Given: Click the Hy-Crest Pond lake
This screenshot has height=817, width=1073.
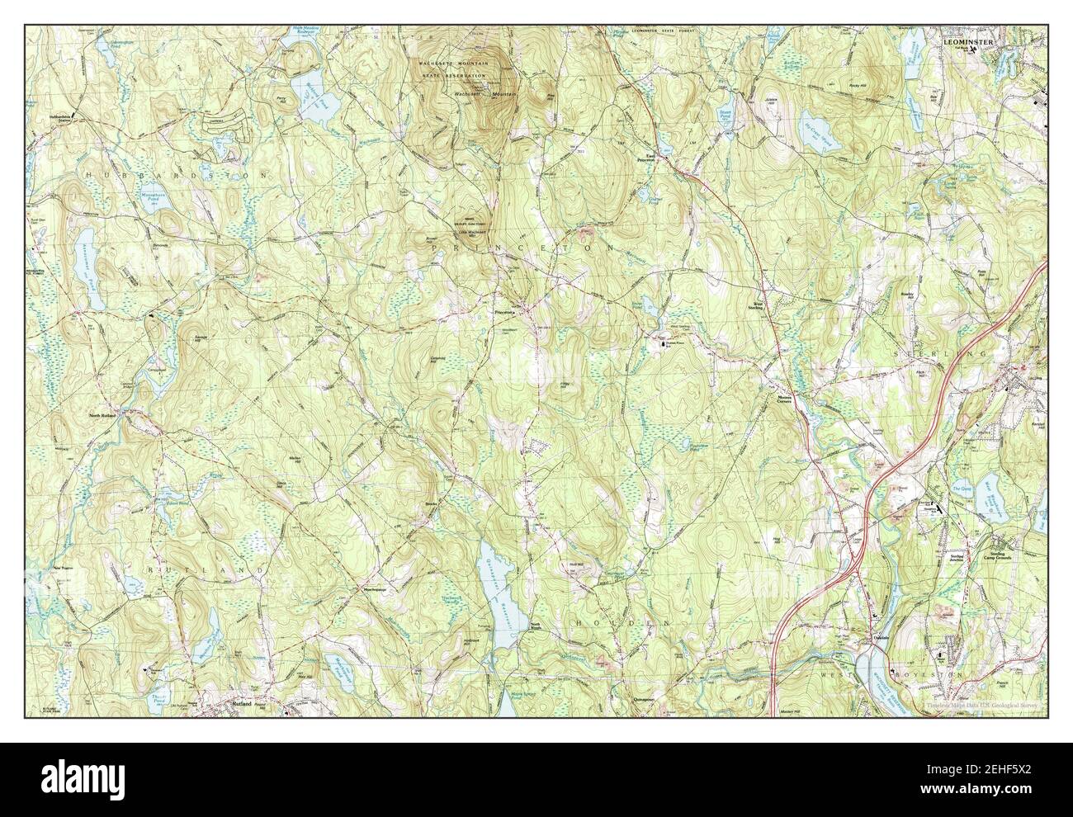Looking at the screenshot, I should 841,140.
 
